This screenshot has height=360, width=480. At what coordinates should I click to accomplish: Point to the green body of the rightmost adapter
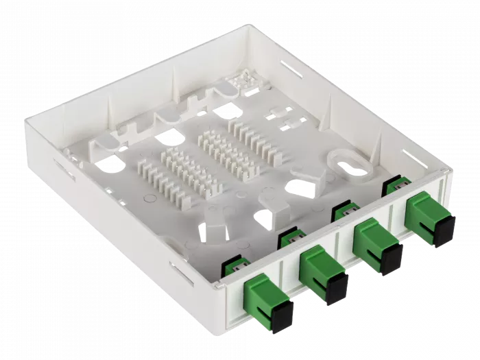coord(422,208)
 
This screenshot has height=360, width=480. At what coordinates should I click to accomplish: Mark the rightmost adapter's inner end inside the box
coord(394,184)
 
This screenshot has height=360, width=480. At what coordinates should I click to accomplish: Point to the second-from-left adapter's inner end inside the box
coord(290,239)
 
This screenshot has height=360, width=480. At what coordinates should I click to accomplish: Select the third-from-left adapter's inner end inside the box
coord(343,211)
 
